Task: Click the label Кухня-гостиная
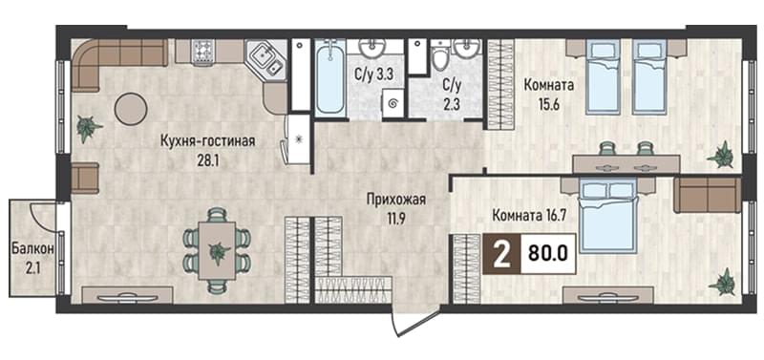click(208, 141)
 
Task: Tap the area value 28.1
click(207, 160)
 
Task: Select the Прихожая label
click(396, 200)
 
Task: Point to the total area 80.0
click(548, 254)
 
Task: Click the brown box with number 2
click(501, 254)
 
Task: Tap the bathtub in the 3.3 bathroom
click(329, 78)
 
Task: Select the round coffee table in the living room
click(131, 109)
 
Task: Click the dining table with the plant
click(218, 250)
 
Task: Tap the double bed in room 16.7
click(608, 214)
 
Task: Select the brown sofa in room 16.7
click(707, 195)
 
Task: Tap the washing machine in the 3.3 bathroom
click(393, 103)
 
